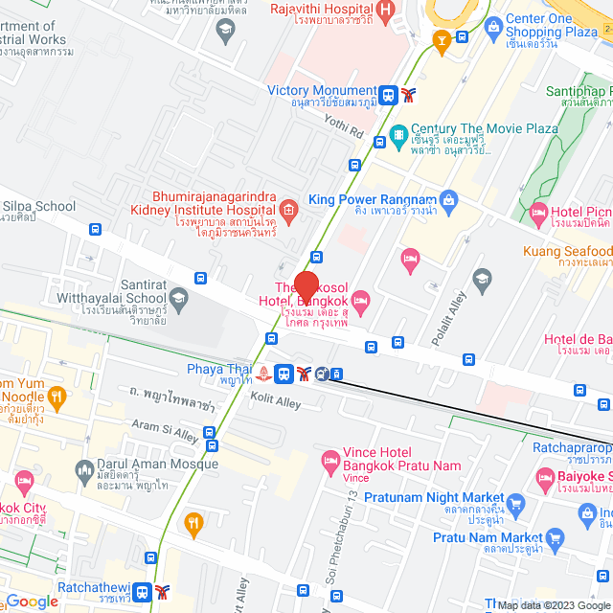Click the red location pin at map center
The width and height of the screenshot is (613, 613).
pos(306,287)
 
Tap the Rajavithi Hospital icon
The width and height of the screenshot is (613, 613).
pos(385,11)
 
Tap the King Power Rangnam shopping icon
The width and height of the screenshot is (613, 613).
pos(450,199)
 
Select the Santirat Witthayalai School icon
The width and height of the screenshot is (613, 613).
pos(178,304)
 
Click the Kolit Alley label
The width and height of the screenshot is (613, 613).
pos(275,401)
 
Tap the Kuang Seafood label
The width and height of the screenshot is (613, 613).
pos(567,251)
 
